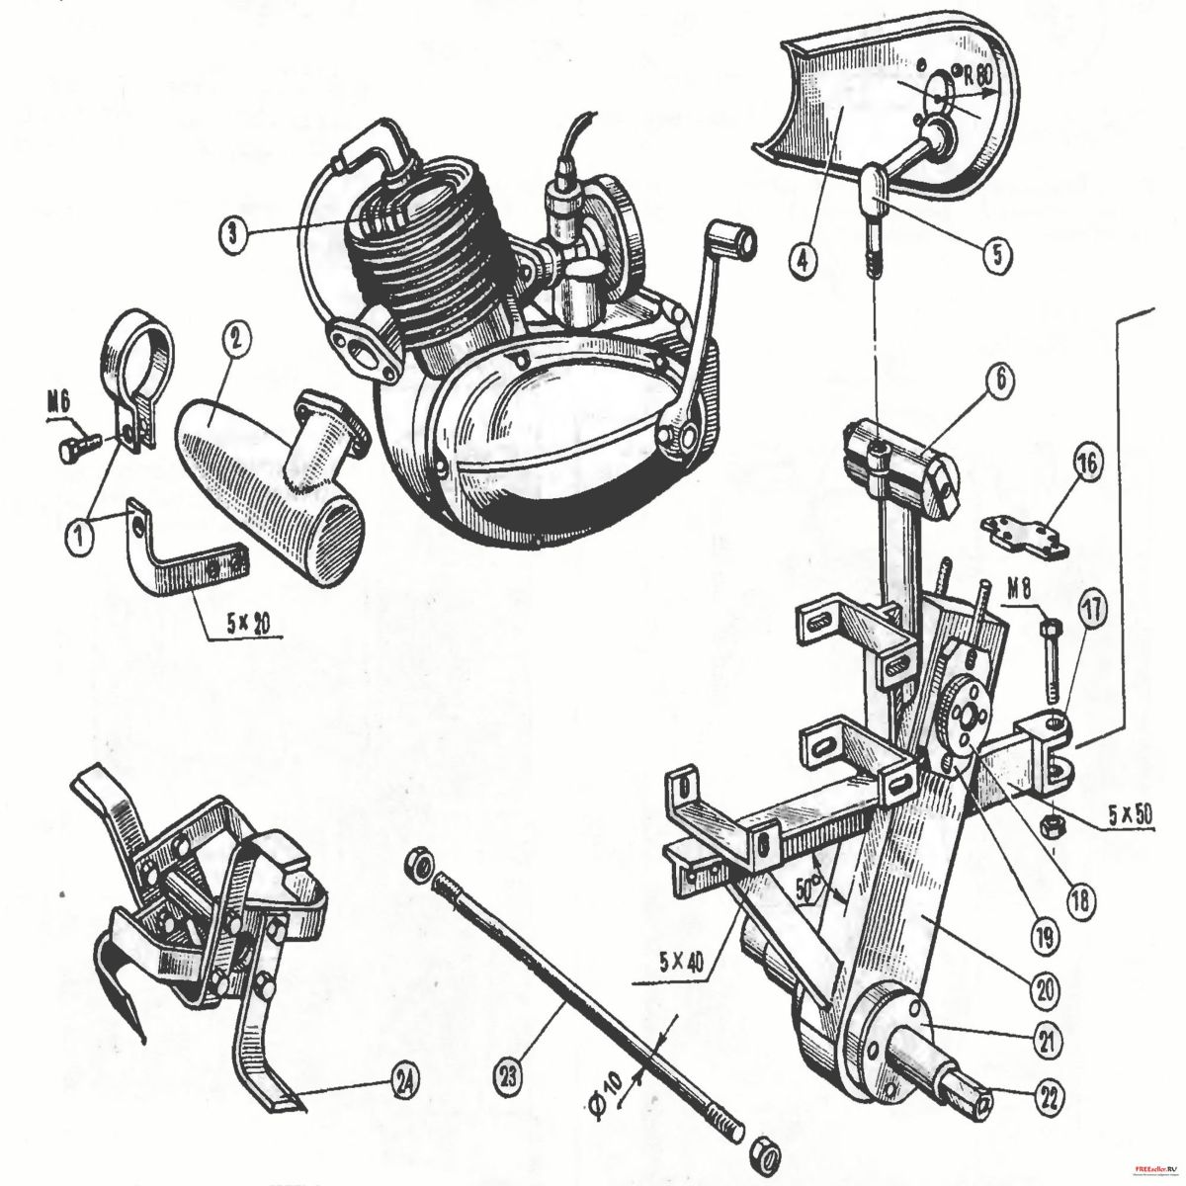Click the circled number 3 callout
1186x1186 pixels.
click(x=231, y=233)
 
